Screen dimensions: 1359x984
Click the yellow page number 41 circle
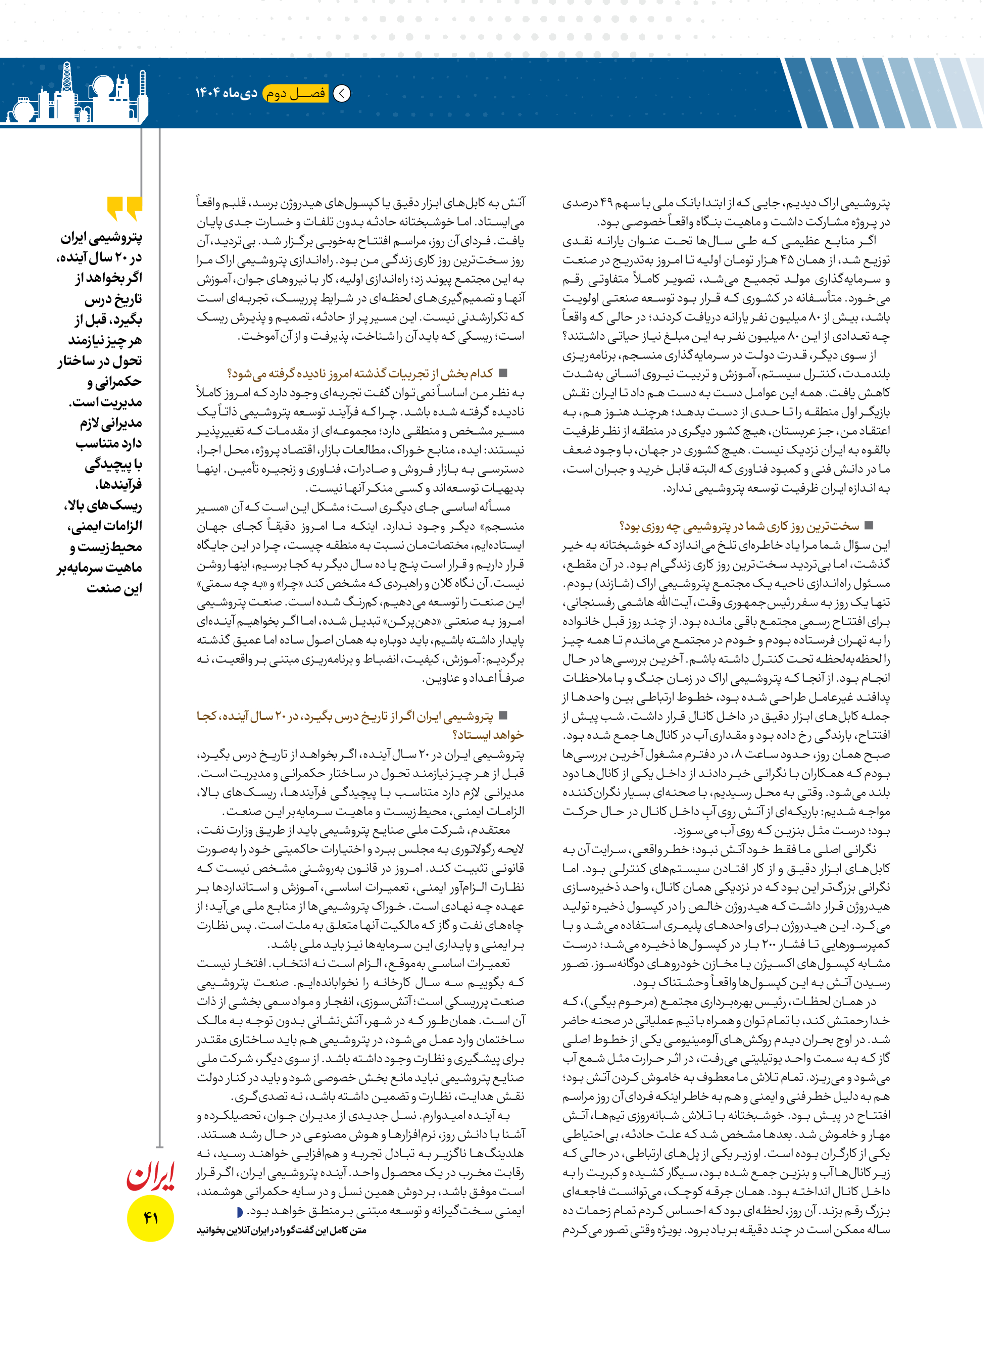150,1218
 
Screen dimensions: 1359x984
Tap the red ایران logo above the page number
150,1177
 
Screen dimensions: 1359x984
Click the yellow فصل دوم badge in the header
296,94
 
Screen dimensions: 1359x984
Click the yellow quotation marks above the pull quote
125,208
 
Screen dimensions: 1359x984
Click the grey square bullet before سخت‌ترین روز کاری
868,525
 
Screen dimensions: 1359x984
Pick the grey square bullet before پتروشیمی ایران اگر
503,716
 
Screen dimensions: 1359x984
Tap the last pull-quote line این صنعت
115,588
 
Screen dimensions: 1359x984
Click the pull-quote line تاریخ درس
113,299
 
